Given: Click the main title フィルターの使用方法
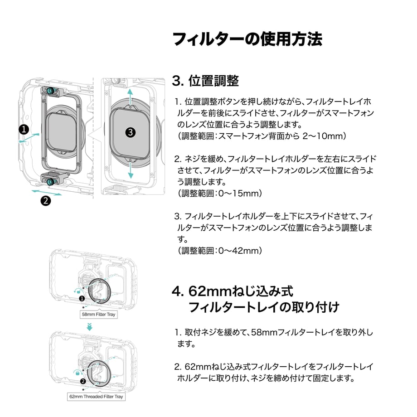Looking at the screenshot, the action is point(247,39).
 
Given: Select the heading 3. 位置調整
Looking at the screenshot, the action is point(205,81).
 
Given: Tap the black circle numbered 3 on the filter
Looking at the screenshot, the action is point(131,132).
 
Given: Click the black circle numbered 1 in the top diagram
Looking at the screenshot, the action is point(24,130).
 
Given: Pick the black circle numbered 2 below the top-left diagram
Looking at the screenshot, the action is point(45,200).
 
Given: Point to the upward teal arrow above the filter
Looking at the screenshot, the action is point(130,97).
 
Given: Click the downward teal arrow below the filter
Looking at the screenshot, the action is point(131,170).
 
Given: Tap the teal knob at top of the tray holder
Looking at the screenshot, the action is point(50,90).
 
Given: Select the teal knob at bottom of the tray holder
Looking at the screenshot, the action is point(50,182).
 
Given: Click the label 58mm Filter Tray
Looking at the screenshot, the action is point(98,315).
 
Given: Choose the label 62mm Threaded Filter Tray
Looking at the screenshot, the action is point(96,397).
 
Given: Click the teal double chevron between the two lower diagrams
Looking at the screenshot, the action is point(90,327).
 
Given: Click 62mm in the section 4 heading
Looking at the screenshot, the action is point(210,291).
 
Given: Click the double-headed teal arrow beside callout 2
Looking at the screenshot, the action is point(47,193).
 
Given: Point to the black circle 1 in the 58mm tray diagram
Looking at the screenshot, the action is point(82,299).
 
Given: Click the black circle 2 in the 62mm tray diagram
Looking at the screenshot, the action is point(83,381).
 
